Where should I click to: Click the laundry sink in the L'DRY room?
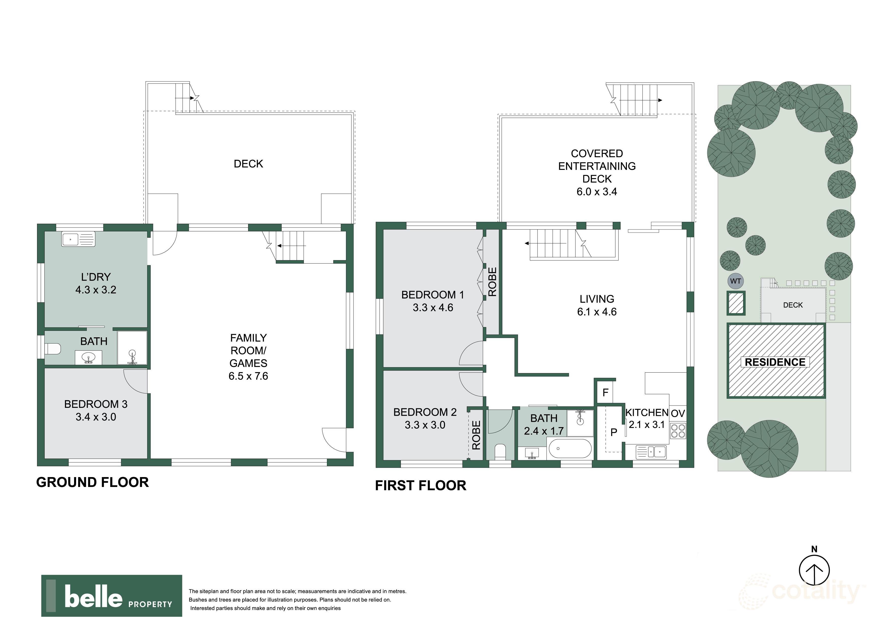(x=78, y=239)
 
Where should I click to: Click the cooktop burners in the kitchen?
(x=678, y=431)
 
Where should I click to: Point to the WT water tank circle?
(x=735, y=281)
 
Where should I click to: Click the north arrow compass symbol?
(x=814, y=570)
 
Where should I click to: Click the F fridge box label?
(x=606, y=393)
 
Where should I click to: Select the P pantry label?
(x=614, y=432)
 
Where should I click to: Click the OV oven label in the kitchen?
(x=678, y=413)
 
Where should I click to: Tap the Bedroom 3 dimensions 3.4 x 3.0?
(x=96, y=417)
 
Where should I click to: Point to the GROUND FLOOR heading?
(x=92, y=482)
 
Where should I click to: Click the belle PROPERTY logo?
(x=112, y=596)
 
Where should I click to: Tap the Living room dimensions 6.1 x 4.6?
(x=596, y=312)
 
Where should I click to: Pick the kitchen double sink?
(x=652, y=451)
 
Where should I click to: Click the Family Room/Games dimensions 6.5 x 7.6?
(x=248, y=376)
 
